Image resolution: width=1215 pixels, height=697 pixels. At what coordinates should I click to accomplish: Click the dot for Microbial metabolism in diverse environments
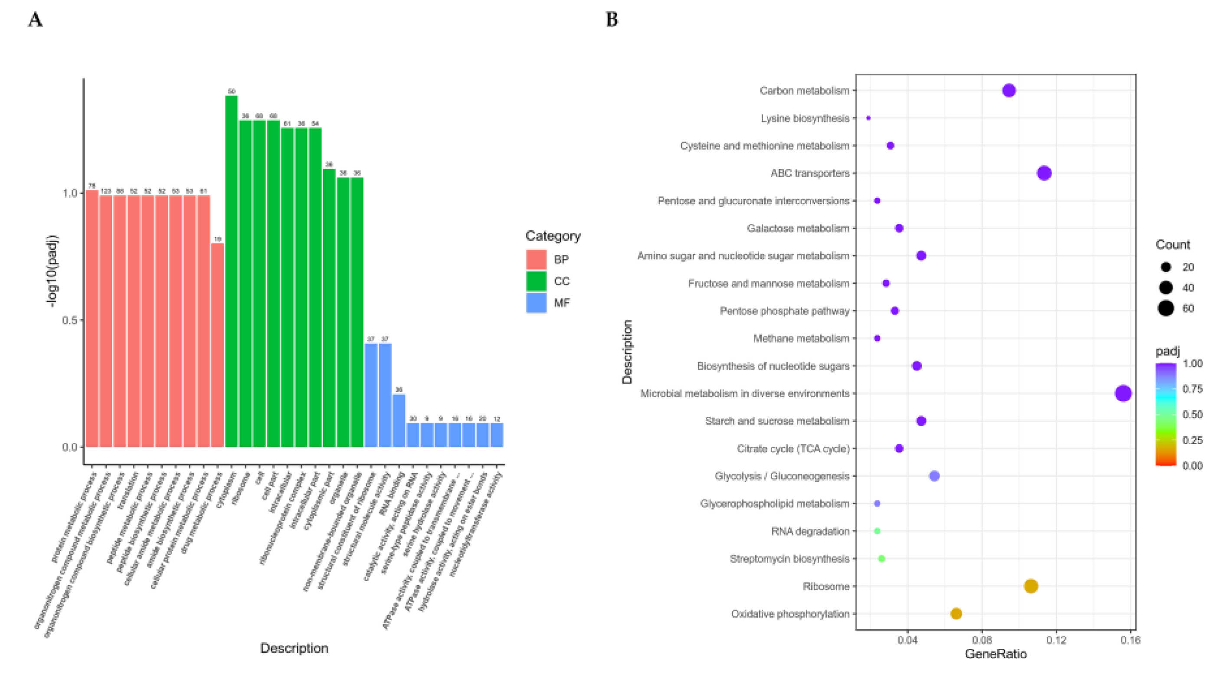point(1123,393)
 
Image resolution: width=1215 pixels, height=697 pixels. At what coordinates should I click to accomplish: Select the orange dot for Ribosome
point(1031,586)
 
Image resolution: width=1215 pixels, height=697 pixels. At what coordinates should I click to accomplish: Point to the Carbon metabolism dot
point(1009,91)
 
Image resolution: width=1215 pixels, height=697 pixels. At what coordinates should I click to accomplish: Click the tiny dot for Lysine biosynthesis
point(868,118)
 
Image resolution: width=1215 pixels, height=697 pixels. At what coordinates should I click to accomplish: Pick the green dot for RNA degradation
point(877,531)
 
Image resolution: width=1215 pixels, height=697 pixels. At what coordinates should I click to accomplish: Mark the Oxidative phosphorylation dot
point(956,614)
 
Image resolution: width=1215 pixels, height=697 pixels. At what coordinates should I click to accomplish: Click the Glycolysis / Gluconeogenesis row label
point(782,476)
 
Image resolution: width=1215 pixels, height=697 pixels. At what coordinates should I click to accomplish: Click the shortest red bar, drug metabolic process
point(218,345)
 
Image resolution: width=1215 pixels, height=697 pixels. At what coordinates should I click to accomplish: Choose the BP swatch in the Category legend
point(536,259)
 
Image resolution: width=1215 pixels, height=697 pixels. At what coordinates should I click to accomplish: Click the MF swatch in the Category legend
point(536,303)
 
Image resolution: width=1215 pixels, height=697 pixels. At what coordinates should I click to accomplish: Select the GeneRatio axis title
point(996,654)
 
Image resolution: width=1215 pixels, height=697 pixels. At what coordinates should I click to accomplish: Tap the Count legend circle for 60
point(1166,308)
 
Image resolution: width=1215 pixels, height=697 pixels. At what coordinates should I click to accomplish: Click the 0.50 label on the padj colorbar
point(1192,415)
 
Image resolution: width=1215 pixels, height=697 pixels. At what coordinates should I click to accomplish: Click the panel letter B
point(612,20)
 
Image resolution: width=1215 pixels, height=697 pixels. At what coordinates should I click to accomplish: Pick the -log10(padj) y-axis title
point(52,271)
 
